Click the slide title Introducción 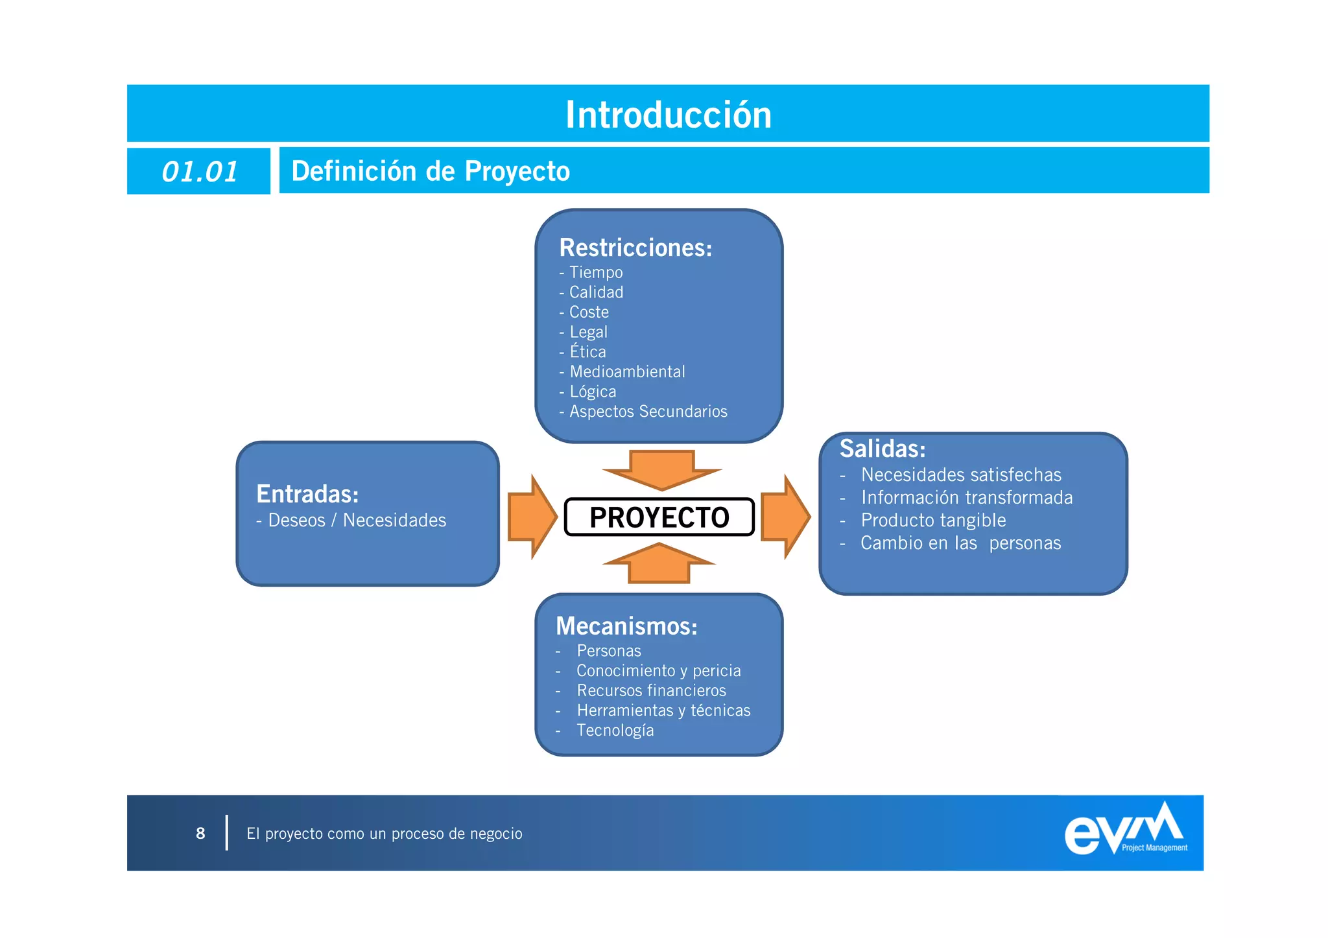(x=668, y=115)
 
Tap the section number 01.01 (x=199, y=172)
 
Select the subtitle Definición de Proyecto (x=431, y=171)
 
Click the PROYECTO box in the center (x=659, y=517)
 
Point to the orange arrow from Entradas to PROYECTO (x=532, y=517)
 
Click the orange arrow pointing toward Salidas (x=785, y=517)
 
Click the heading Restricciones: (x=635, y=248)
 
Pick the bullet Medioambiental (x=626, y=371)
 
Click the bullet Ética (x=587, y=351)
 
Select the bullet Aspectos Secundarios (x=648, y=412)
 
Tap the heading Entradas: (x=307, y=494)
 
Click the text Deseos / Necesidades (x=357, y=521)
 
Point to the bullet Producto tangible (x=932, y=520)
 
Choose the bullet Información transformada (x=966, y=497)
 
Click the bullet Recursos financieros (x=651, y=690)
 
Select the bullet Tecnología (x=615, y=731)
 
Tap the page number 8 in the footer (x=200, y=833)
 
